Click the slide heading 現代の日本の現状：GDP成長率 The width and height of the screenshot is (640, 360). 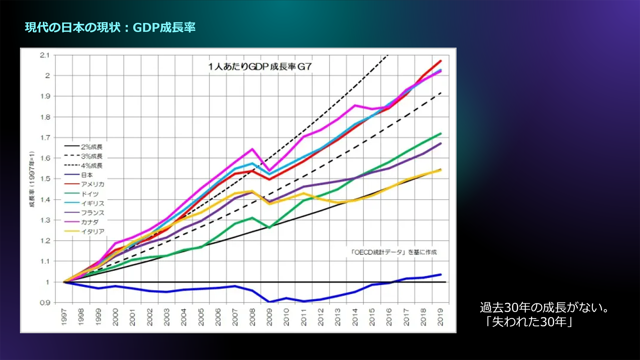coord(110,27)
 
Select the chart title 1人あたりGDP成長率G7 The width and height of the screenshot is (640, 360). coord(260,67)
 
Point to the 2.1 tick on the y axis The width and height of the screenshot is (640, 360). coord(45,55)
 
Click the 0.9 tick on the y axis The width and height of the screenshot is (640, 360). coord(45,303)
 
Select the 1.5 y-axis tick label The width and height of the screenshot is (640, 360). coord(45,179)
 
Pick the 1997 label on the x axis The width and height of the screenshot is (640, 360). coord(64,317)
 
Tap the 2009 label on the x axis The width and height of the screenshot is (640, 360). coord(269,317)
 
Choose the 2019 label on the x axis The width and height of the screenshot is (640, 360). coord(440,317)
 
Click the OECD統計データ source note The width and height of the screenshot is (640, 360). coord(393,252)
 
